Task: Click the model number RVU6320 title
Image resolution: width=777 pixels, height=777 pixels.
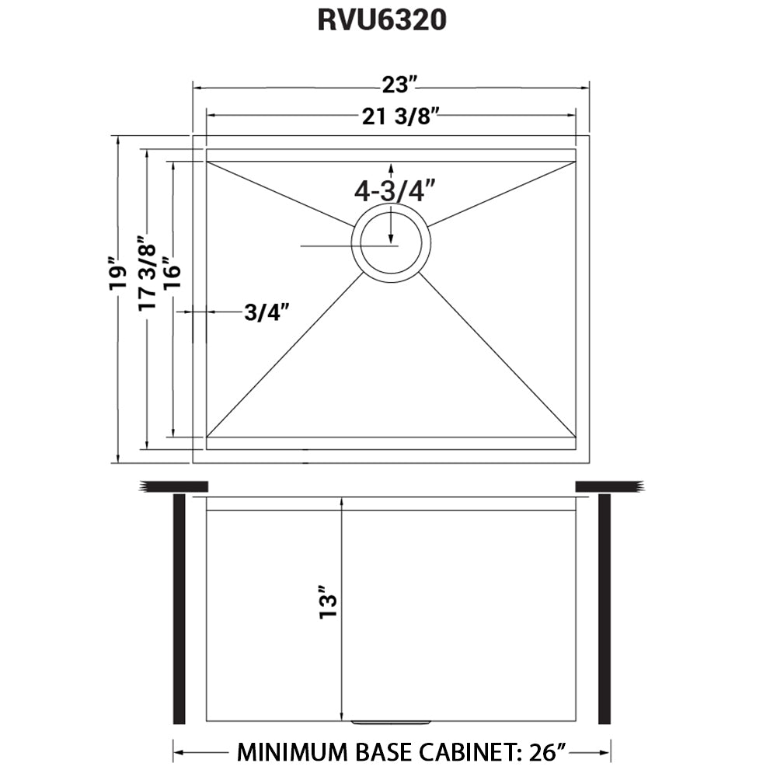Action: point(382,20)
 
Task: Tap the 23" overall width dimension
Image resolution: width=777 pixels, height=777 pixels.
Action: point(398,85)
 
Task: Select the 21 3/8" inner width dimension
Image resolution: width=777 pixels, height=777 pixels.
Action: point(401,117)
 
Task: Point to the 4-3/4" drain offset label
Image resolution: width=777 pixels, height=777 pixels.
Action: point(395,190)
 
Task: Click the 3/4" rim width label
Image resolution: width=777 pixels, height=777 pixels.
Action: point(267,312)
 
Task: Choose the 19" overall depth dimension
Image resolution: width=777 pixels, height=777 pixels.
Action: point(118,274)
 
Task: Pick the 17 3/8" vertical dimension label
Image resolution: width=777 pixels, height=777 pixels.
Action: point(147,273)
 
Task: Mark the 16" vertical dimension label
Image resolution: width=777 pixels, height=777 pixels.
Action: point(172,273)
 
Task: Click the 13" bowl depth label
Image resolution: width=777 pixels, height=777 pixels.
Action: point(328,601)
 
